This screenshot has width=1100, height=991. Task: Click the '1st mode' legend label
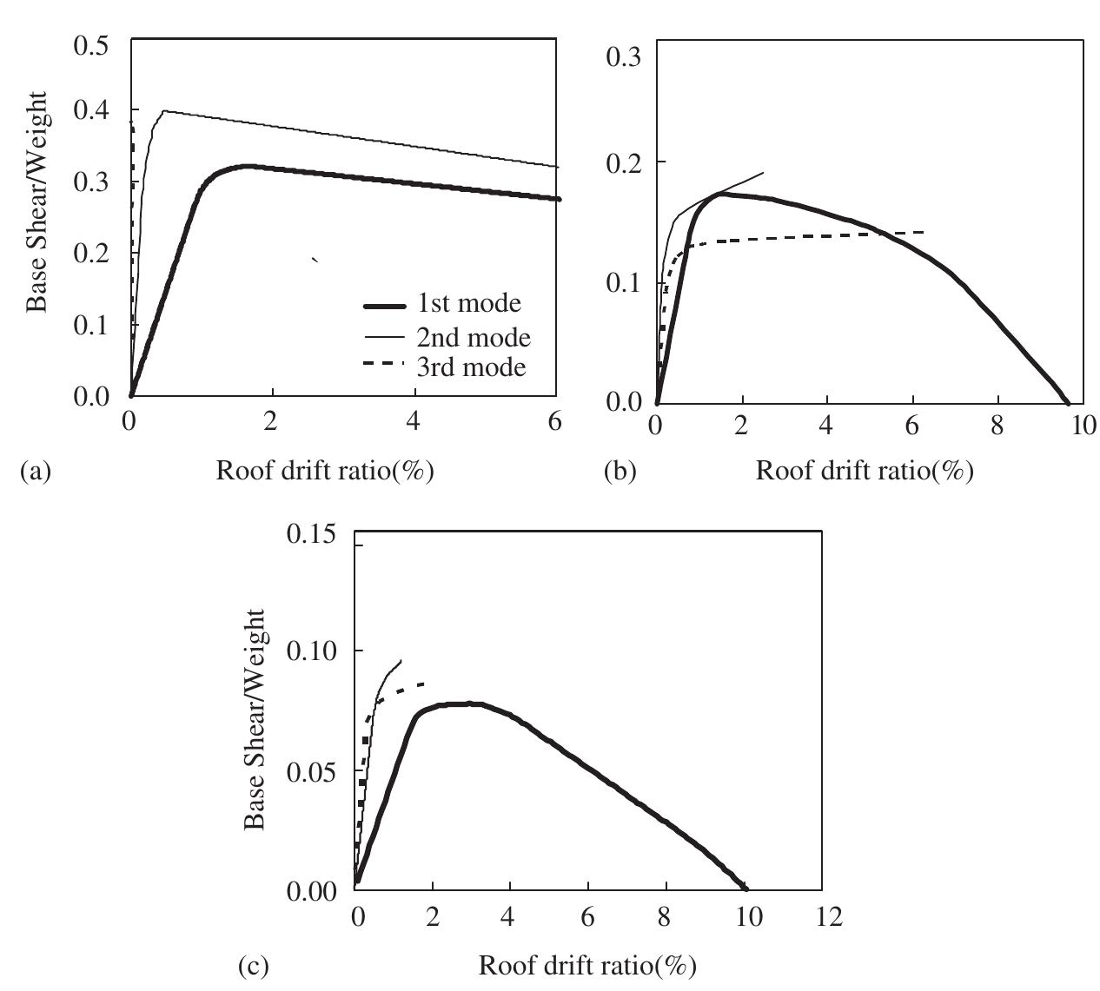point(469,303)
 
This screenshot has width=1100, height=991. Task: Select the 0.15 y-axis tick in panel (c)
point(310,533)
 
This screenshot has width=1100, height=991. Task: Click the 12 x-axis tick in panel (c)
point(829,917)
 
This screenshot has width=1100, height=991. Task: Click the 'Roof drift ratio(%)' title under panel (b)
point(865,471)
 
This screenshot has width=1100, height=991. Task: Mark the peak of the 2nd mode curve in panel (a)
point(163,111)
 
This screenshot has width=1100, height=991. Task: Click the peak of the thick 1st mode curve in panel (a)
point(248,165)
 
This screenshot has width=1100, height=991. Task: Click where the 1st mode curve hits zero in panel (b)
point(1068,403)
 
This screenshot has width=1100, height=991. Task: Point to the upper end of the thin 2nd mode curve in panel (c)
point(401,660)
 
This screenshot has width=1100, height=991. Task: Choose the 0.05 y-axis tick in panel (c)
point(310,771)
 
